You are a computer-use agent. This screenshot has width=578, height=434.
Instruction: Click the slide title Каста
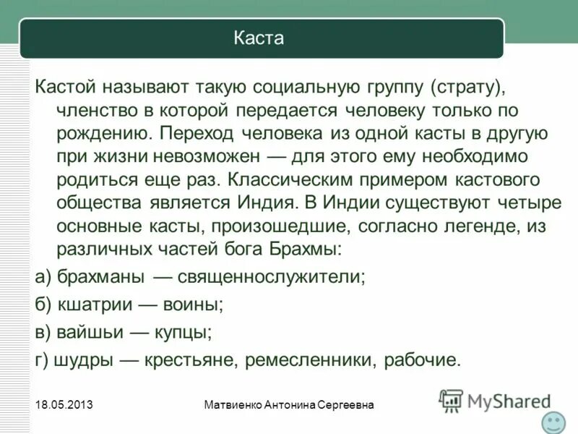coord(259,38)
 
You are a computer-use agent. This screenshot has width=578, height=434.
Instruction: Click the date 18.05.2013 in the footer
coord(62,406)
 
